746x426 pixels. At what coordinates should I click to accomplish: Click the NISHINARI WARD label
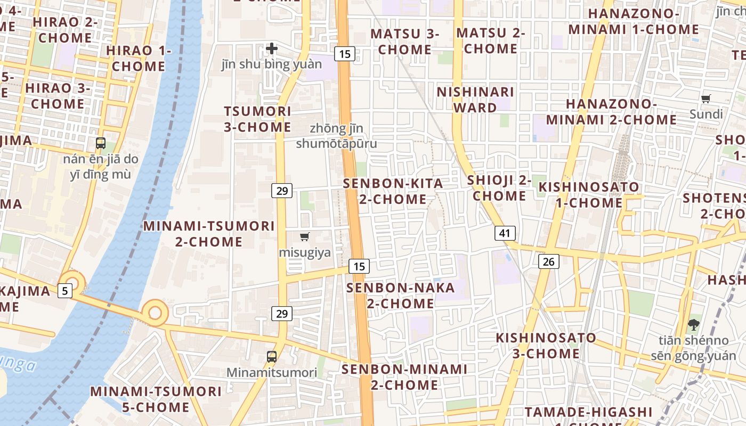(x=475, y=100)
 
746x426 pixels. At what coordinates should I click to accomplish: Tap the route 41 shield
(x=505, y=233)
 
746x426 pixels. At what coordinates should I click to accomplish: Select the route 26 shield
(x=549, y=261)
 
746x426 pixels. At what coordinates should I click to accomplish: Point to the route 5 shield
(x=65, y=291)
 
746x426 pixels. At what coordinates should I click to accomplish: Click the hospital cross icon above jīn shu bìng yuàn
(x=272, y=48)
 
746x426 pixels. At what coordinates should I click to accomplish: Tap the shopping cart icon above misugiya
(x=305, y=237)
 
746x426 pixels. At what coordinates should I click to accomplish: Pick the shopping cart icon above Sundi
(x=706, y=99)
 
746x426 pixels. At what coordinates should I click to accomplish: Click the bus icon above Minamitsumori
(x=272, y=356)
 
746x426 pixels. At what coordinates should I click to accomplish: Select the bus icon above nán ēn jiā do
(x=100, y=143)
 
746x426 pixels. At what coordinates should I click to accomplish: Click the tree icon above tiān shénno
(x=693, y=324)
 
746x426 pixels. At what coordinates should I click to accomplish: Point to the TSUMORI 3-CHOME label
(x=258, y=119)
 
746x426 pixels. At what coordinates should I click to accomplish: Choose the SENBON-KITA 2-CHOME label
(x=393, y=191)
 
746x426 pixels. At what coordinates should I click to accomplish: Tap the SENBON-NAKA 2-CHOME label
(x=401, y=296)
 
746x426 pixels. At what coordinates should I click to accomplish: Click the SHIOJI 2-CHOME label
(x=499, y=188)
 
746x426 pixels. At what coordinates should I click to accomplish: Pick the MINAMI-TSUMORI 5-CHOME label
(x=156, y=399)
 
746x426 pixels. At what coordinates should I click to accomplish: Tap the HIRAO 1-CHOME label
(x=139, y=59)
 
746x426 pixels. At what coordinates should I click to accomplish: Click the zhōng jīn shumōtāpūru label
(x=336, y=136)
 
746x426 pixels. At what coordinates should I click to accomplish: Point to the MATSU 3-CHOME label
(x=405, y=42)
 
